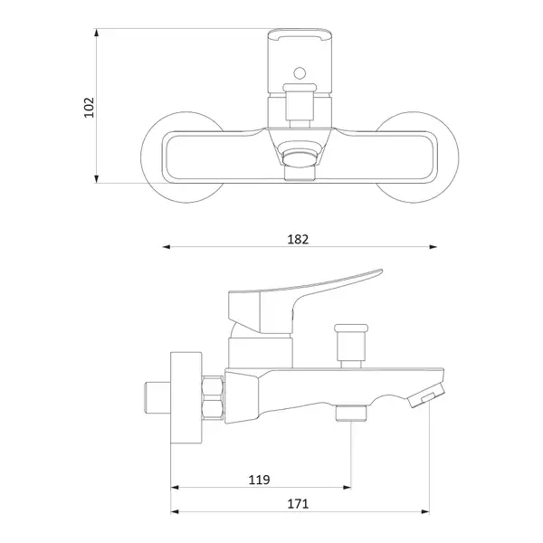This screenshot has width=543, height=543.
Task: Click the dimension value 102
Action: click(90, 108)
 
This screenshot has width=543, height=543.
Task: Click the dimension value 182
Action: click(298, 239)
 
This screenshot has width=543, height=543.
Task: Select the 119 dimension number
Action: click(259, 480)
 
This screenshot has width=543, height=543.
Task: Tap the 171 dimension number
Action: click(298, 503)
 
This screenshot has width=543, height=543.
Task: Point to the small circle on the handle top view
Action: click(300, 73)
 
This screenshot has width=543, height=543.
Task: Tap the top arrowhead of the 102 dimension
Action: click(96, 33)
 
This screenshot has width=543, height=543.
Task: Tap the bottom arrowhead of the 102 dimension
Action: click(96, 178)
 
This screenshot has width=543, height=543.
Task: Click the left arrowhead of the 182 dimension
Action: click(167, 247)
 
